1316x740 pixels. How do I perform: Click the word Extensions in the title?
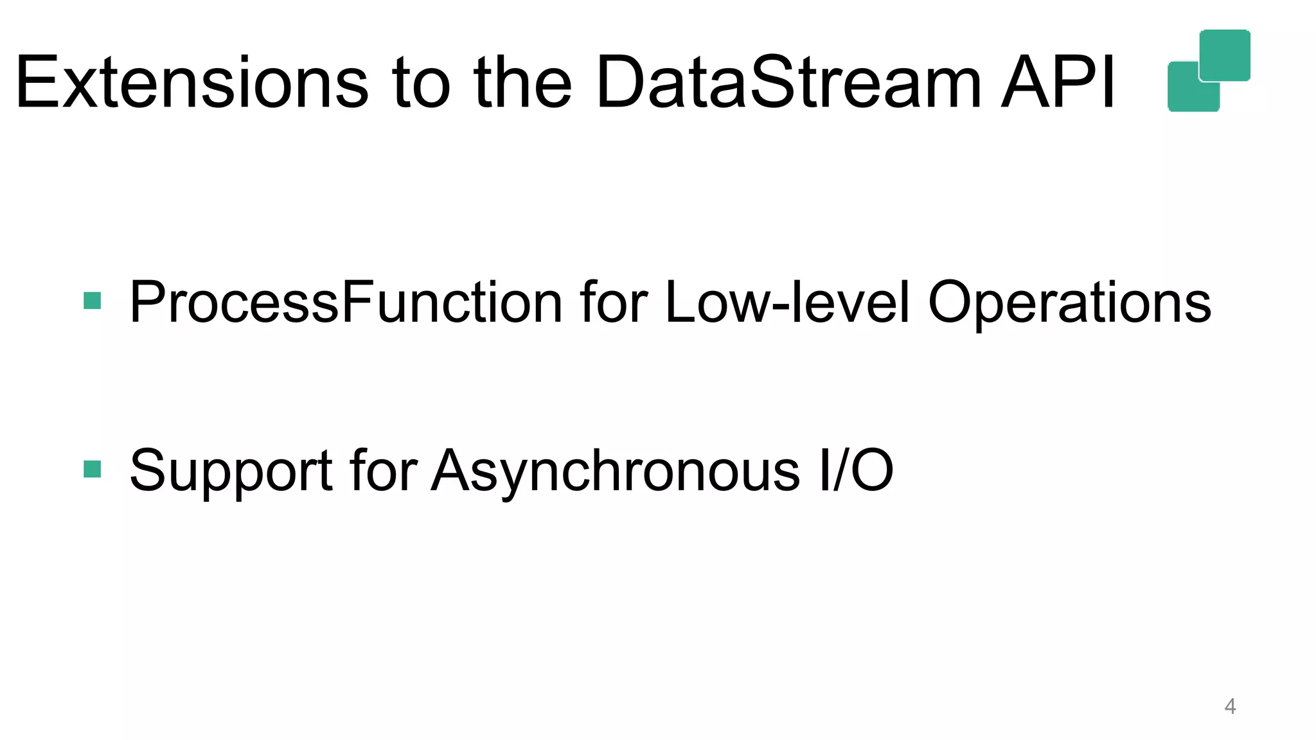click(191, 82)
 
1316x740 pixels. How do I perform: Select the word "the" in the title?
click(522, 82)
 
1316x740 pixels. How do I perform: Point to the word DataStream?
click(788, 82)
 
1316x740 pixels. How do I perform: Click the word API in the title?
click(1058, 82)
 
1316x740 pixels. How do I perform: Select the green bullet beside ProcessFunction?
click(93, 301)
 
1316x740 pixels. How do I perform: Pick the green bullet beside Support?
click(93, 469)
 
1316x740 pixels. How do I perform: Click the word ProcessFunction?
click(346, 302)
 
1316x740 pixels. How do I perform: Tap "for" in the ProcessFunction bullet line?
click(614, 302)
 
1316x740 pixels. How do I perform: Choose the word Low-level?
click(787, 302)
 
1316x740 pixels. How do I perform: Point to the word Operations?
click(1069, 302)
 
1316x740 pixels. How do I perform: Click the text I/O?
click(856, 470)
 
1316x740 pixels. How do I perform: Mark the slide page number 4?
click(1230, 706)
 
